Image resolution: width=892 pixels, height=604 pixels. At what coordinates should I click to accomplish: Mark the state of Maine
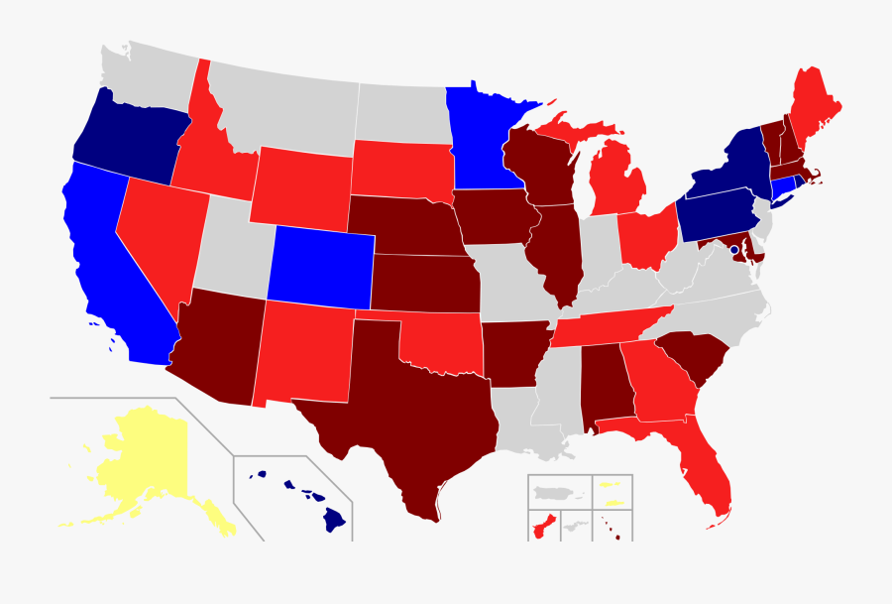[815, 104]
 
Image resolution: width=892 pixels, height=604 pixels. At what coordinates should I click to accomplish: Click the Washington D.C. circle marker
[733, 251]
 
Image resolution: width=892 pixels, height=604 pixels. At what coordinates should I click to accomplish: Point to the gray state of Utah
[233, 248]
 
